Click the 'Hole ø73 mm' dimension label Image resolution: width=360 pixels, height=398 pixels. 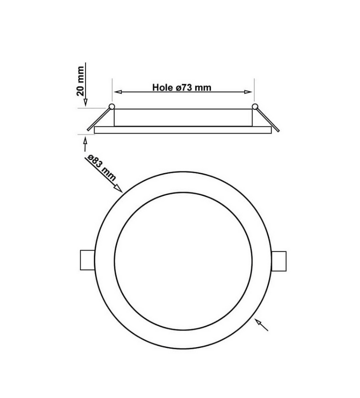182,88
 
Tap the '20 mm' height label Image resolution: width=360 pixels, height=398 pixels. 81,81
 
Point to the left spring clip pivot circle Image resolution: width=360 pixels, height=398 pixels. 112,107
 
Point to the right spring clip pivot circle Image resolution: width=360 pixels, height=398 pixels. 255,107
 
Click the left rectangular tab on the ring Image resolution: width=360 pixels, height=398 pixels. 86,260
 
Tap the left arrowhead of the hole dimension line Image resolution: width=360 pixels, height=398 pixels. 116,92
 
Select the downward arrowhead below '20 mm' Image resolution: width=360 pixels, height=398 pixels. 85,102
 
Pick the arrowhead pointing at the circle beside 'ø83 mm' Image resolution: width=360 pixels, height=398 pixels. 119,187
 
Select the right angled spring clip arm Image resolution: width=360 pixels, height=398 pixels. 268,120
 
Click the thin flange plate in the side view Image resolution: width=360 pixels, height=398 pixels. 183,130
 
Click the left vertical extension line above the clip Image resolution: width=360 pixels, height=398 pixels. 112,90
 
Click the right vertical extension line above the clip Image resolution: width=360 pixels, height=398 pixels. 255,90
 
